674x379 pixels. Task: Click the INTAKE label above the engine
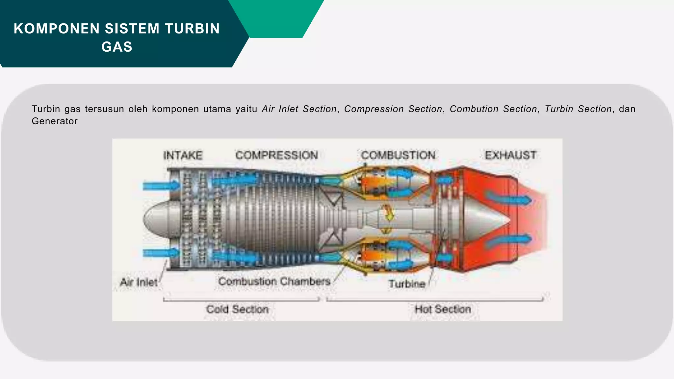tap(183, 155)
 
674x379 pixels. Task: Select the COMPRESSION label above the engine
tap(276, 155)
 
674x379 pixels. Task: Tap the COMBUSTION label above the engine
tap(398, 155)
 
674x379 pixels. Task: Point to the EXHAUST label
tap(510, 155)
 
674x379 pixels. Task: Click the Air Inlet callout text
tap(139, 282)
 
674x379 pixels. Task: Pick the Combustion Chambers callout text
tap(274, 282)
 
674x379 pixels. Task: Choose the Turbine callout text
tap(407, 284)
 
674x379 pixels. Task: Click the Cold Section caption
tap(237, 309)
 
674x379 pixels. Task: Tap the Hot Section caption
tap(443, 309)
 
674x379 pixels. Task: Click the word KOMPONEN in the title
tap(57, 29)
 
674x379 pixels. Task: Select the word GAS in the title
tap(117, 47)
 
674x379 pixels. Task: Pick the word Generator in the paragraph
tap(55, 121)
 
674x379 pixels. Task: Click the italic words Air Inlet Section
tap(299, 109)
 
